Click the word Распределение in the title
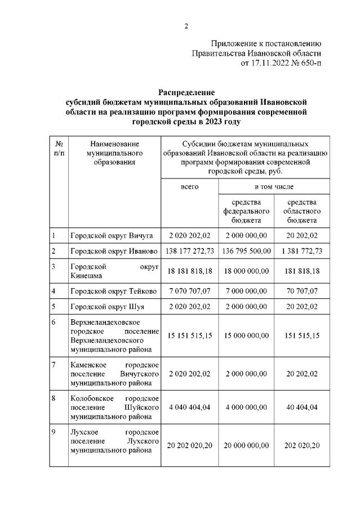tap(186, 92)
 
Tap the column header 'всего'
tap(189, 186)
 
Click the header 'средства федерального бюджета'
tap(246, 211)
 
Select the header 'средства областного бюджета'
tap(301, 211)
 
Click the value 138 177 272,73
tap(189, 251)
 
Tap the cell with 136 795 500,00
tap(246, 251)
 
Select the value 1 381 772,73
tap(301, 251)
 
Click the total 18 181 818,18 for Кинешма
tap(189, 271)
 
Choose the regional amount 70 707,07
tap(301, 291)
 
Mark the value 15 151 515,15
tap(189, 336)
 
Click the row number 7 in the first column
tap(53, 364)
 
